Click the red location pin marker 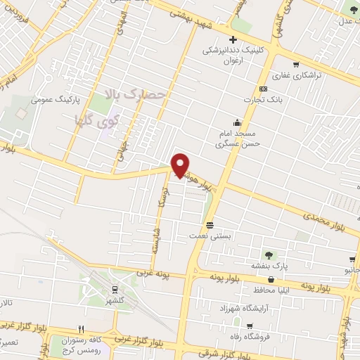[x=181, y=165]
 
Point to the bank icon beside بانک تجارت [x=263, y=89]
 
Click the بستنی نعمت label [x=210, y=236]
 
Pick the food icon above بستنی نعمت [x=210, y=225]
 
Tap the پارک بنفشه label [x=268, y=266]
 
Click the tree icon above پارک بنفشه [x=268, y=255]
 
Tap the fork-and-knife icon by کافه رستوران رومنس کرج [x=82, y=328]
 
